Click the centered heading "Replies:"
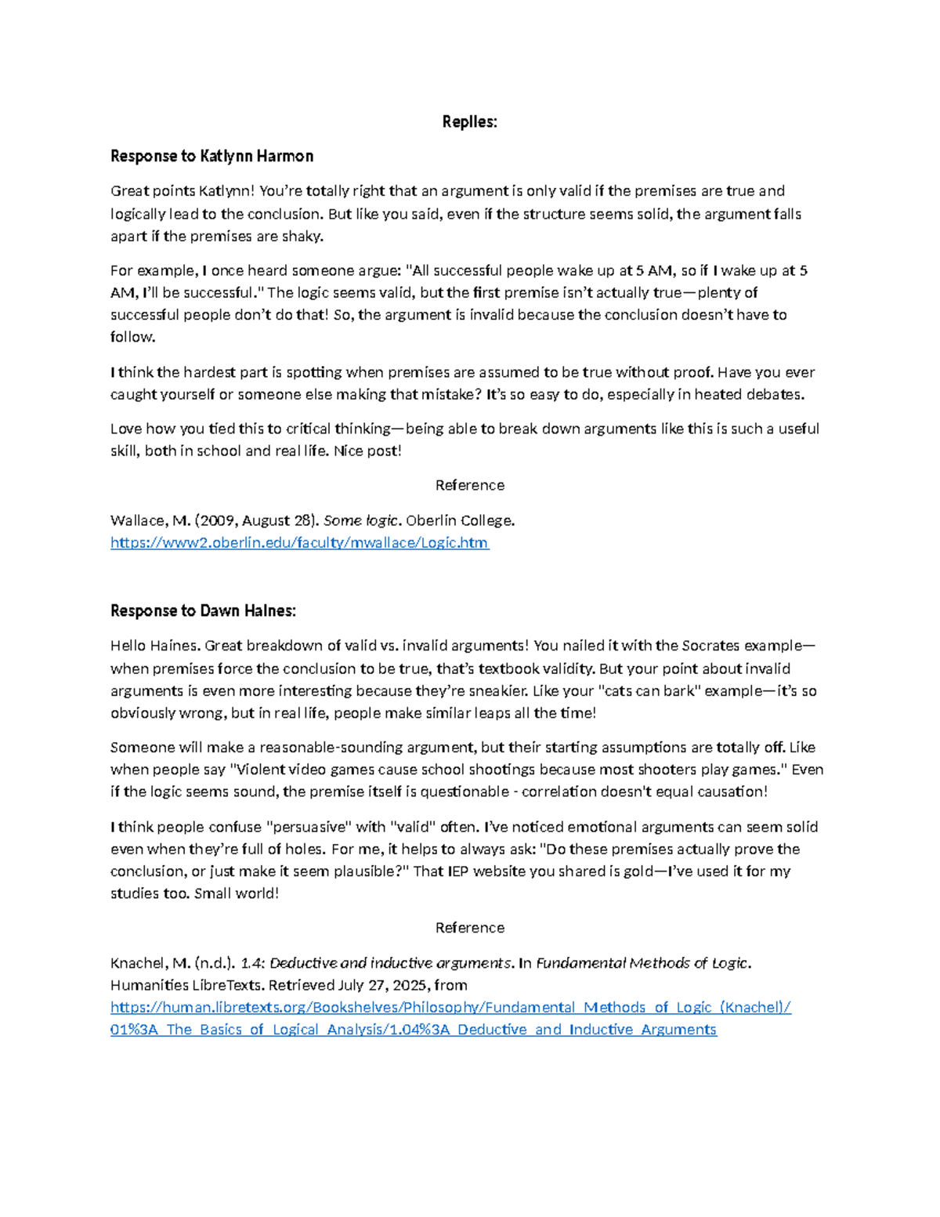[x=469, y=121]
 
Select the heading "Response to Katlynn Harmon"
[x=211, y=156]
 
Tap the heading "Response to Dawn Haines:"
[x=203, y=610]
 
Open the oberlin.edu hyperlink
[x=299, y=542]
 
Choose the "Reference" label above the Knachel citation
[x=469, y=928]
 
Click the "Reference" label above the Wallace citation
[x=469, y=485]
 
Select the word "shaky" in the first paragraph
[x=302, y=236]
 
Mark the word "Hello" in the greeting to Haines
[x=128, y=646]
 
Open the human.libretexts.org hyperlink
[x=450, y=1008]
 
